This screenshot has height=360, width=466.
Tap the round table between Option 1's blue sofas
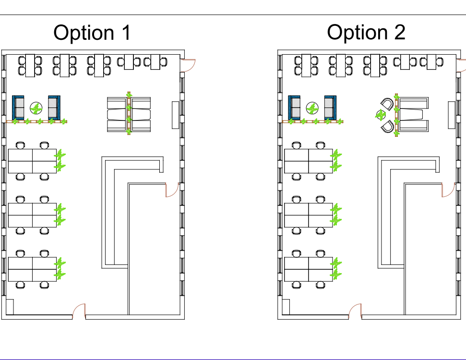click(x=36, y=108)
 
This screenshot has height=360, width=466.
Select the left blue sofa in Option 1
click(x=18, y=108)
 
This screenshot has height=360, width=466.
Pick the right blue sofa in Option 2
click(x=330, y=108)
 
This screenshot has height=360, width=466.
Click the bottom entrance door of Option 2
click(x=355, y=311)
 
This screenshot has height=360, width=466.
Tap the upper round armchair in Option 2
click(x=387, y=104)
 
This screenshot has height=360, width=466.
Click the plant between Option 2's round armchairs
click(x=381, y=115)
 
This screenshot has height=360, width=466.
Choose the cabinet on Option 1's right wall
click(x=175, y=115)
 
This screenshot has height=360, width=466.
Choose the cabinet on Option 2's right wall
click(x=452, y=115)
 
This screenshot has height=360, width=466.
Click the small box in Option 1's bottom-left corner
click(x=9, y=307)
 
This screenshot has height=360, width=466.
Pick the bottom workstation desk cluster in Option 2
click(x=309, y=269)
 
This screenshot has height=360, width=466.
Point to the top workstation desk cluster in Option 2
click(x=309, y=161)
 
